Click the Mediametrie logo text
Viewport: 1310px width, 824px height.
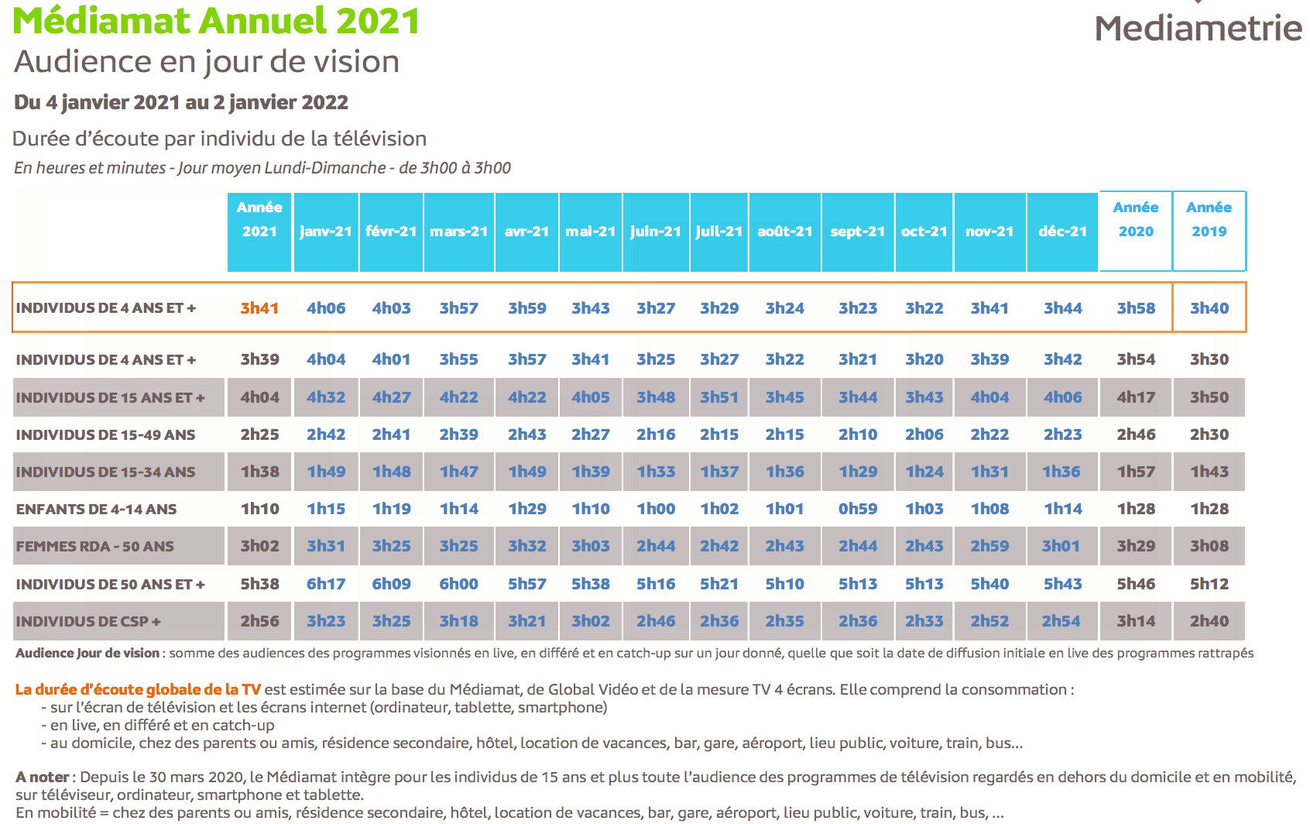pyautogui.click(x=1198, y=29)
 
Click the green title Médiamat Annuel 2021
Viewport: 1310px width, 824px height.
pyautogui.click(x=216, y=21)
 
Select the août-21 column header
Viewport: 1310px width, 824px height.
pyautogui.click(x=784, y=232)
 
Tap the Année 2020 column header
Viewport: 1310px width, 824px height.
pyautogui.click(x=1135, y=219)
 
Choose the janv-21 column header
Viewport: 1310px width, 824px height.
pyautogui.click(x=325, y=232)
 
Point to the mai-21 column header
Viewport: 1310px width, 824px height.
pyautogui.click(x=590, y=232)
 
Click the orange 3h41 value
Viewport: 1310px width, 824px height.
pyautogui.click(x=259, y=308)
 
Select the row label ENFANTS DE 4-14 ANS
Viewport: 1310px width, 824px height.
pyautogui.click(x=97, y=510)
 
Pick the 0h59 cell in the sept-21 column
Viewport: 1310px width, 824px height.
pyautogui.click(x=858, y=510)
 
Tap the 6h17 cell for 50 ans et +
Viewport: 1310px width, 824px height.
pyautogui.click(x=326, y=584)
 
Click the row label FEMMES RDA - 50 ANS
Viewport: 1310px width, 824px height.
pyautogui.click(x=95, y=547)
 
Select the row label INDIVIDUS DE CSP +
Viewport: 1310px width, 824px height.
pyautogui.click(x=88, y=622)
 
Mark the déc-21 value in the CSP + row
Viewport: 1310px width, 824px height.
pyautogui.click(x=1061, y=621)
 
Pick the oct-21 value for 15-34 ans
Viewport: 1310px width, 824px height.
pyautogui.click(x=924, y=472)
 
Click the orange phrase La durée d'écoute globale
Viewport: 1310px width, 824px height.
pyautogui.click(x=138, y=689)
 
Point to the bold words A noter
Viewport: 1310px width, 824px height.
pyautogui.click(x=43, y=777)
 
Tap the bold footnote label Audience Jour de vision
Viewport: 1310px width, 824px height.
pyautogui.click(x=87, y=653)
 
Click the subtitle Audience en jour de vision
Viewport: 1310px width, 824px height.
pyautogui.click(x=207, y=62)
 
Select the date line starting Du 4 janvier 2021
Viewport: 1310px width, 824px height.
pyautogui.click(x=181, y=102)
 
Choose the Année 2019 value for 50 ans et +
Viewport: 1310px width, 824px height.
pyautogui.click(x=1209, y=584)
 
